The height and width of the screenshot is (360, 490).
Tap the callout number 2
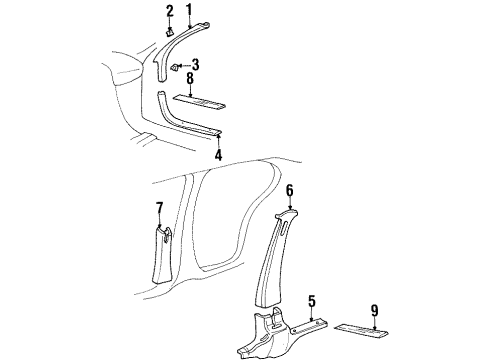tap(169, 11)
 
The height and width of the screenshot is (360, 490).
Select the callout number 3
tap(194, 65)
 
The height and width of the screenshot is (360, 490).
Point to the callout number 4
tap(217, 155)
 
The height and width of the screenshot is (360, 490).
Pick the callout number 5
tap(311, 299)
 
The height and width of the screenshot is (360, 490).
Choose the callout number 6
tap(289, 190)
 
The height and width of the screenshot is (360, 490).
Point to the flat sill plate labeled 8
tap(199, 101)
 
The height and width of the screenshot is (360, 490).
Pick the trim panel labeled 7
tap(161, 254)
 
